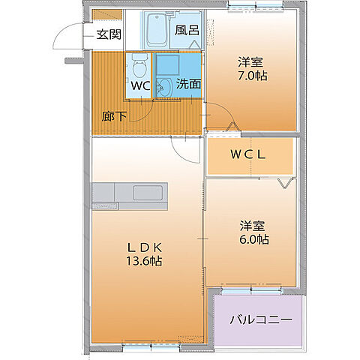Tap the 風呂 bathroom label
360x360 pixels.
coord(186,31)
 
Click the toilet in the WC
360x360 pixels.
coord(138,70)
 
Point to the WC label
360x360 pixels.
coord(141,85)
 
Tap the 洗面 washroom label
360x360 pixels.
coord(188,85)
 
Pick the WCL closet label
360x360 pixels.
coord(248,155)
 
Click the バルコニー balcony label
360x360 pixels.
coord(260,319)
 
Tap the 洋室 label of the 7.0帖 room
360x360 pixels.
coord(251,61)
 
